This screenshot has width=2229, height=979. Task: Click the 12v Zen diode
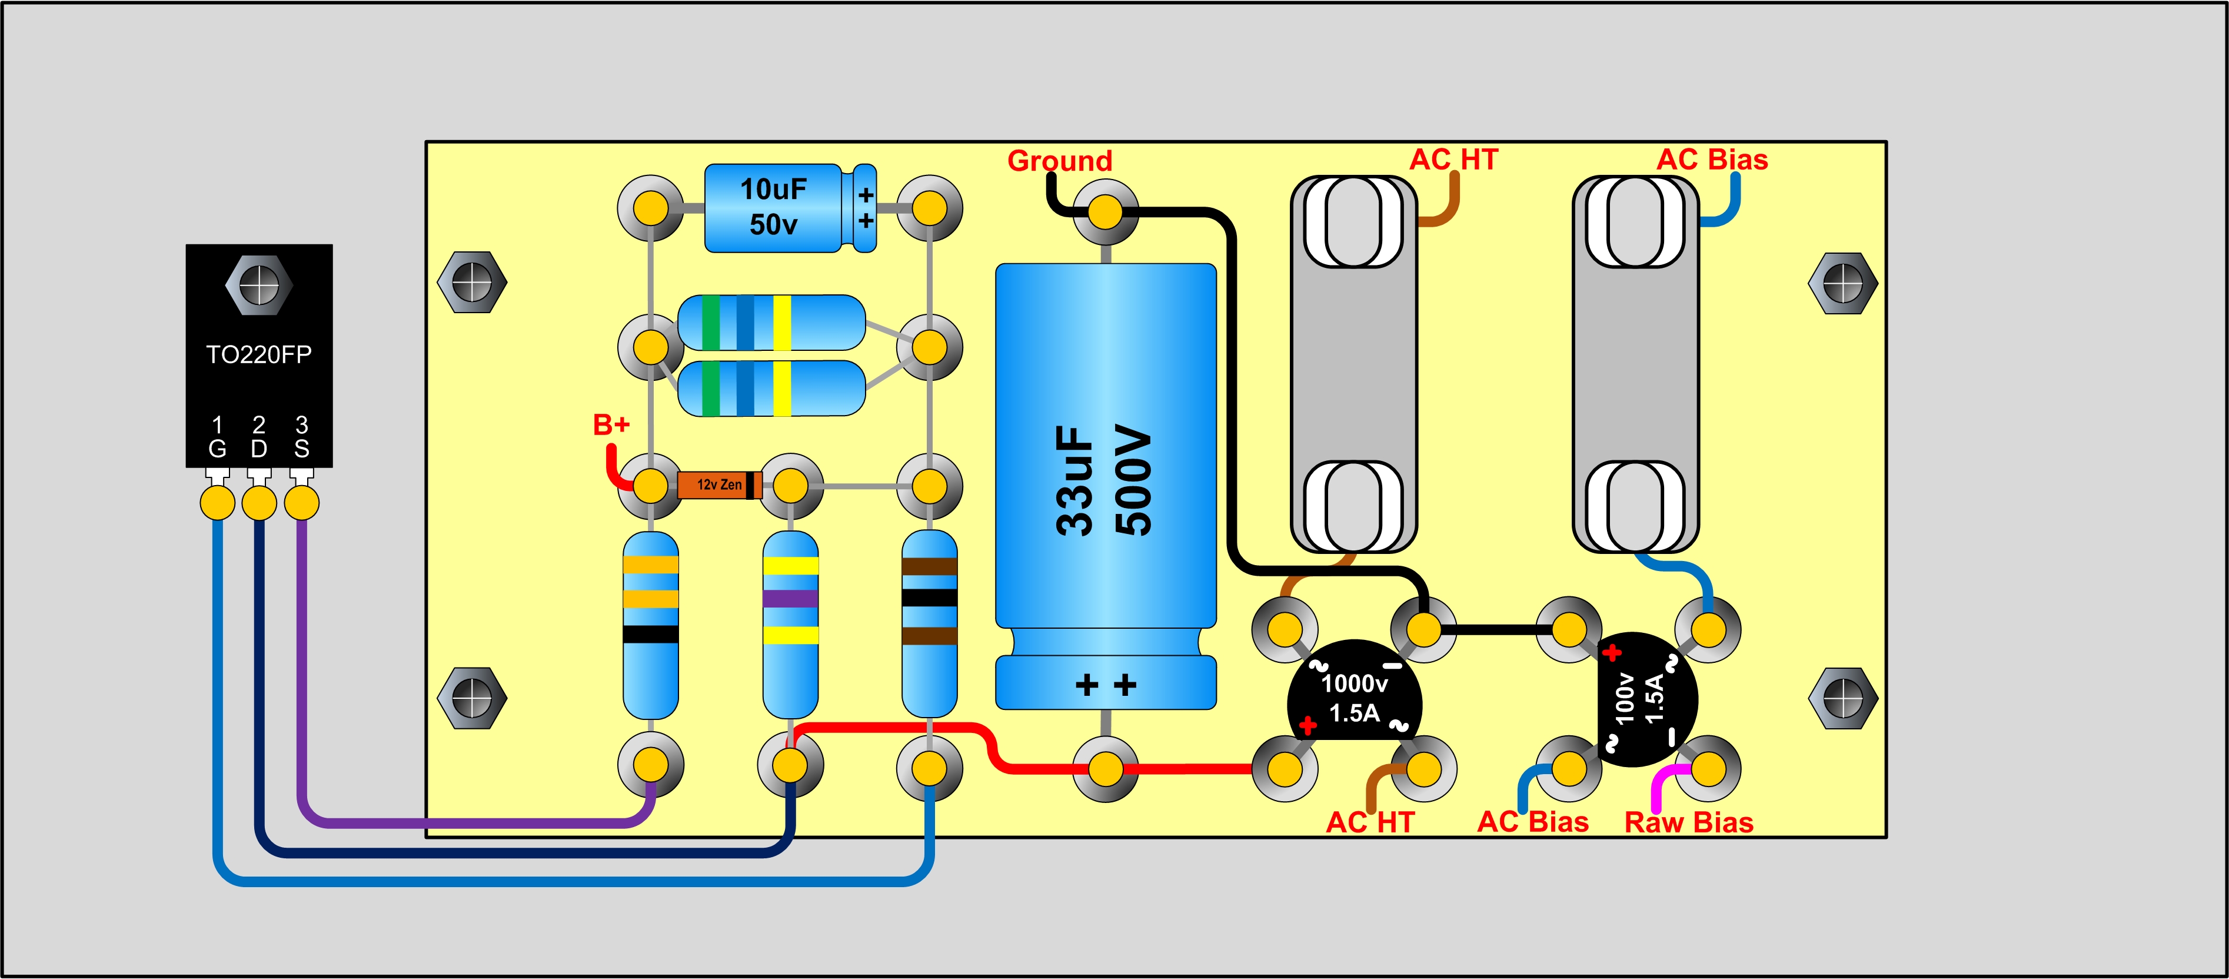tap(719, 484)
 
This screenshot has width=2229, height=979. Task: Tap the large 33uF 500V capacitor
tap(1106, 484)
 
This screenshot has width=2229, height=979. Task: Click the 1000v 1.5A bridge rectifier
tap(1354, 698)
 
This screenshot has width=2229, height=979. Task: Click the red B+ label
tap(611, 425)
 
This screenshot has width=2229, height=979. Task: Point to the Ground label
tap(1059, 160)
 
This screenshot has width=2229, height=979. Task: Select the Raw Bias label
tap(1688, 822)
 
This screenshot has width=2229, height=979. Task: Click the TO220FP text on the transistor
tap(259, 354)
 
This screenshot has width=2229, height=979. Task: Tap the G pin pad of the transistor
tap(217, 502)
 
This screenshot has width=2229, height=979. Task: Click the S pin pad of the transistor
tap(301, 502)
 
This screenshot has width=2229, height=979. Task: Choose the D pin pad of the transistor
tap(259, 502)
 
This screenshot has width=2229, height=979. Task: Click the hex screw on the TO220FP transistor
tap(259, 284)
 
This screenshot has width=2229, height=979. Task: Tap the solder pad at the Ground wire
tap(1105, 212)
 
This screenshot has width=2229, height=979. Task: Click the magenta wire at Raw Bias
tap(1661, 784)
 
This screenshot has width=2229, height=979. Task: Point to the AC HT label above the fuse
tap(1453, 160)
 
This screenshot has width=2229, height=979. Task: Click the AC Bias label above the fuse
tap(1712, 160)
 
